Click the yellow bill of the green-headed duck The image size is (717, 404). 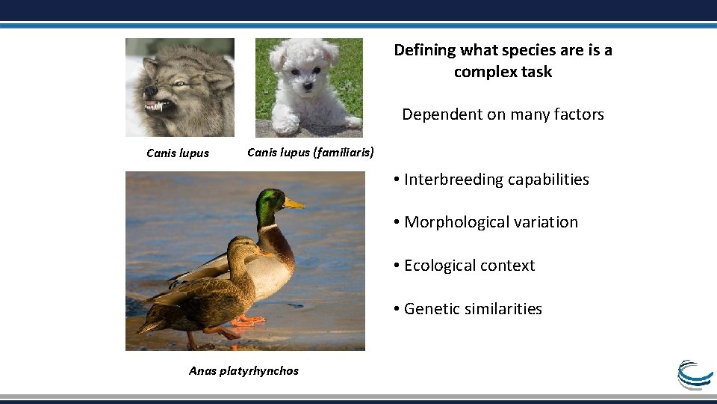(294, 203)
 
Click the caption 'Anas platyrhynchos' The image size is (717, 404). (243, 371)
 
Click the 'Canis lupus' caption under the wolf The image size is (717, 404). (178, 153)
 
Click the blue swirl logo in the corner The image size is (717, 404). (695, 374)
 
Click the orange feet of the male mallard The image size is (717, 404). (248, 320)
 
